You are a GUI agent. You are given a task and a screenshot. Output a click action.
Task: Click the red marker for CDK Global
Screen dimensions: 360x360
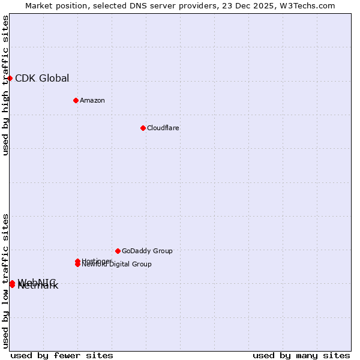tap(10, 78)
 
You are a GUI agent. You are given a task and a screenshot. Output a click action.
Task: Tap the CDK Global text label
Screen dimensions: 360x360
tap(42, 78)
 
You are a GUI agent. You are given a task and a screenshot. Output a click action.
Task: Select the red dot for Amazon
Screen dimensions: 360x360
tap(76, 100)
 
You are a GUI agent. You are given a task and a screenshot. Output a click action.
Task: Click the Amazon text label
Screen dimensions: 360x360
tap(92, 100)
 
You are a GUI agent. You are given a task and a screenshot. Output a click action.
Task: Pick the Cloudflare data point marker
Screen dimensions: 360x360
tap(143, 128)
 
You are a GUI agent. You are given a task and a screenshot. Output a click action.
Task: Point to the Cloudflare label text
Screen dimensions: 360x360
tap(163, 128)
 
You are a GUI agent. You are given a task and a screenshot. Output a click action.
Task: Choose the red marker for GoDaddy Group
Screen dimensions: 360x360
tap(118, 251)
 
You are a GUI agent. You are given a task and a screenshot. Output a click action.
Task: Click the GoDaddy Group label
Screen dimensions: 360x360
tap(147, 251)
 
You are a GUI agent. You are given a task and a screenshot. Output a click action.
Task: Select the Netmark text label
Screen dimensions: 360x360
tap(38, 286)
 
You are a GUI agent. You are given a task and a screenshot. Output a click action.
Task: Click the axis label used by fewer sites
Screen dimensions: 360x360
tap(62, 355)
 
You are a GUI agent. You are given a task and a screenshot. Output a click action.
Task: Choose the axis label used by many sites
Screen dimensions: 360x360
tap(301, 355)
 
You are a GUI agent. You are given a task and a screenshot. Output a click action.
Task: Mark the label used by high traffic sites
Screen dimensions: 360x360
tap(5, 86)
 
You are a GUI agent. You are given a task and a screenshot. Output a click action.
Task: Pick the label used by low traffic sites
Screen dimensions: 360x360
tap(5, 280)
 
